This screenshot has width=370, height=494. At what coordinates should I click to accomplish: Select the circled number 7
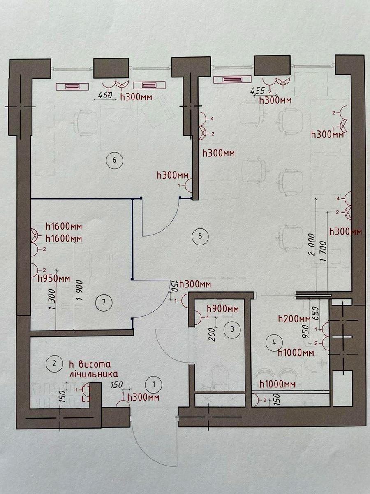(x=103, y=303)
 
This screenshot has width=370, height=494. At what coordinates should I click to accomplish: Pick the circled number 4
(x=274, y=341)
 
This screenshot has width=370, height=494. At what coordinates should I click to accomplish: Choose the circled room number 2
(x=54, y=363)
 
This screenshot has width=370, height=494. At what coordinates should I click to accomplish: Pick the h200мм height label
(x=294, y=319)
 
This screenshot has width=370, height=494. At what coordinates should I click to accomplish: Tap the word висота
(x=95, y=364)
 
